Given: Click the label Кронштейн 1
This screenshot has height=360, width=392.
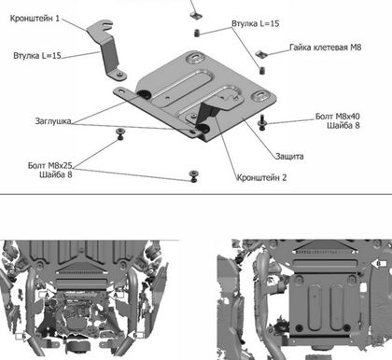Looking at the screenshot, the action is click(35, 19).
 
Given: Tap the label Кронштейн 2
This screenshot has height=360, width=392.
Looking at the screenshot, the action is click(261, 177).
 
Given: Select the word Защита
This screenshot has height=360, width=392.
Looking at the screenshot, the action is click(289, 156).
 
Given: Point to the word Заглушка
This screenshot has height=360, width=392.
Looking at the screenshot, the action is click(53, 121).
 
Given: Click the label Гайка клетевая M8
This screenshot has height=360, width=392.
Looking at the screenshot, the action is click(326, 48).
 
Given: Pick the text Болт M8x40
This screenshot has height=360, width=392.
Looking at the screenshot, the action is click(338, 117).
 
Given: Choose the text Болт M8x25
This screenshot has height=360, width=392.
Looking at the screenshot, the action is click(50, 165).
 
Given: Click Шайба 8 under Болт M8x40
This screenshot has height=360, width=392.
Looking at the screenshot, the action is click(343, 125).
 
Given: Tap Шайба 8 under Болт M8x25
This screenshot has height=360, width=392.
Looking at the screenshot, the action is click(56, 174).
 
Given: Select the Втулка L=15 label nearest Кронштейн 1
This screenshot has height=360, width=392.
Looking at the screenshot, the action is click(37, 56).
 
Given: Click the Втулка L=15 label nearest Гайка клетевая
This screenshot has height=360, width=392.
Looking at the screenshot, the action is click(256, 23).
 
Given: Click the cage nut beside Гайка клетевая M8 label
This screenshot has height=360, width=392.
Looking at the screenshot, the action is click(262, 54).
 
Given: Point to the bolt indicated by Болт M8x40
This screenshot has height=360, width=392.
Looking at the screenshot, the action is click(262, 122).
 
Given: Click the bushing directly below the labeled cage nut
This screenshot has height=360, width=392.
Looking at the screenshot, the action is click(262, 70).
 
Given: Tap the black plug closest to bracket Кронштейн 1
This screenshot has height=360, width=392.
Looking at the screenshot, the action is click(144, 93).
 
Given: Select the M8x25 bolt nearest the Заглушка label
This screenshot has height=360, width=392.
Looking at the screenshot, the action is click(119, 134).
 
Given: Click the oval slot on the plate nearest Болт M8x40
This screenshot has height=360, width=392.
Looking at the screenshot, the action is click(259, 95).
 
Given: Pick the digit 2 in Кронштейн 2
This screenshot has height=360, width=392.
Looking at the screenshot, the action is click(284, 177).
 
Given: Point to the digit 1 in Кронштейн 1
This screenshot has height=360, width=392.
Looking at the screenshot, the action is click(57, 19).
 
